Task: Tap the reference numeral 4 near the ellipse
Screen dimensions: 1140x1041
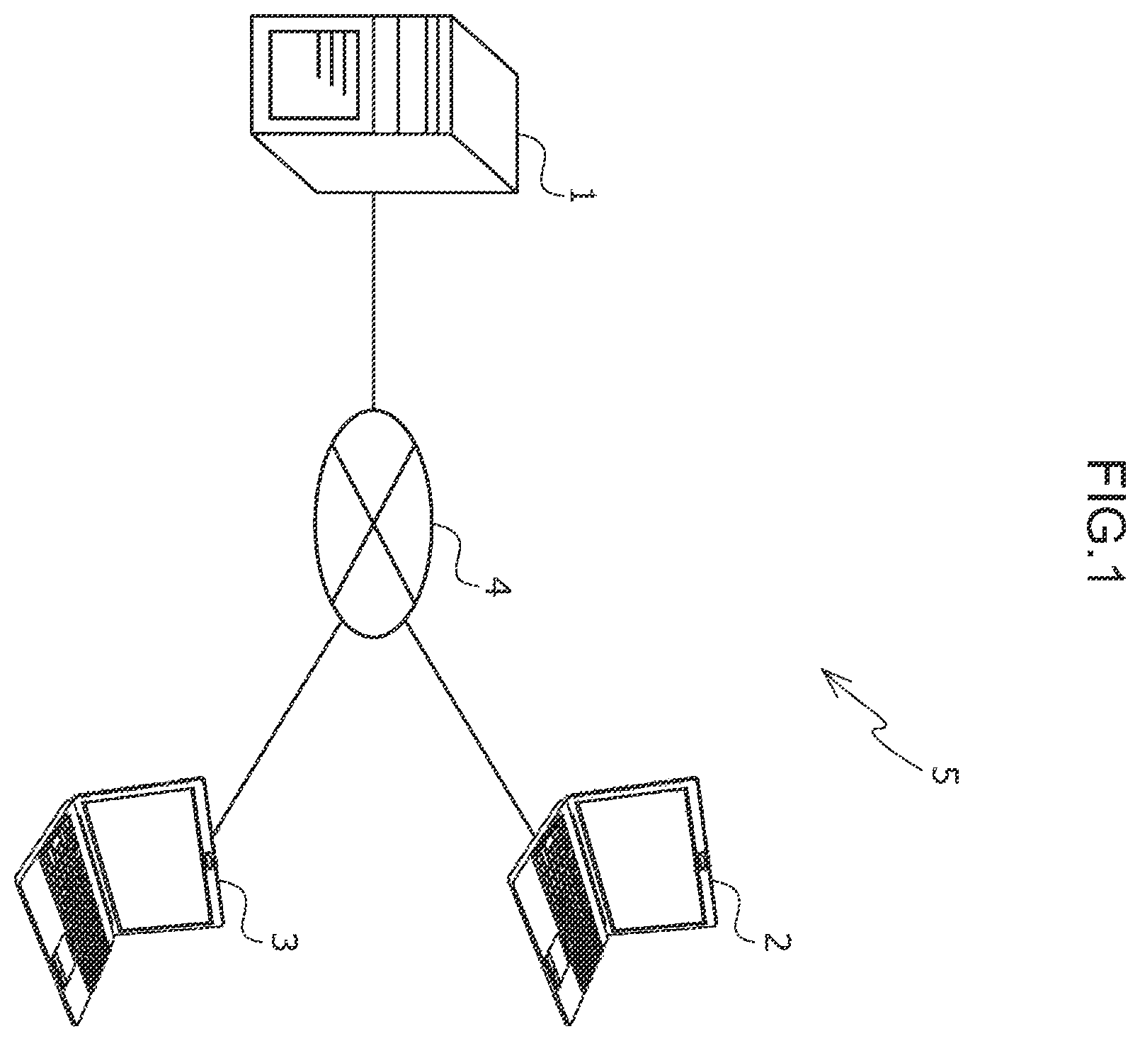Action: coord(496,588)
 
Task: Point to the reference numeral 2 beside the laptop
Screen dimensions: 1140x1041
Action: coord(776,942)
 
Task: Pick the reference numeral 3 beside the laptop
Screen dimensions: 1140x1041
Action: coord(282,942)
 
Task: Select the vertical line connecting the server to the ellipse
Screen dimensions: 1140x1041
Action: coord(372,301)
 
